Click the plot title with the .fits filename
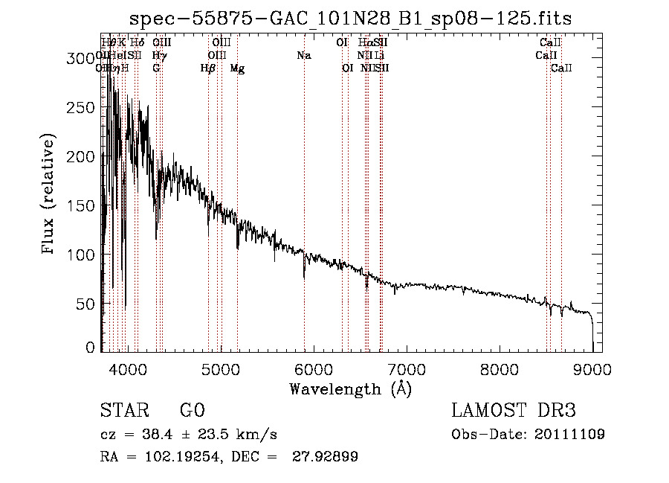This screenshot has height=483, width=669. pos(350,19)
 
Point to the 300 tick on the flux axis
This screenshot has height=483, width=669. pos(102,57)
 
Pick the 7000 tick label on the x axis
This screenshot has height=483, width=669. pos(406,368)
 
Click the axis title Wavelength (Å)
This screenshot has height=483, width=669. pos(350,388)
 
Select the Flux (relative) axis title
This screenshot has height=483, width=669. pos(50,195)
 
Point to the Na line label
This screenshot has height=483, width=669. pos(304,56)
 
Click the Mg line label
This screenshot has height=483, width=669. pos(237,68)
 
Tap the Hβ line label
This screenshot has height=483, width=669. pos(208,68)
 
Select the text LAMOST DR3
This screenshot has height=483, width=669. pos(514,412)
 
